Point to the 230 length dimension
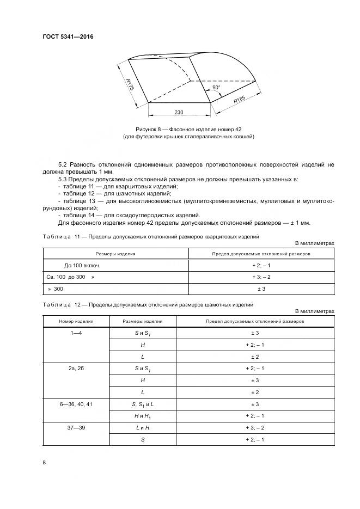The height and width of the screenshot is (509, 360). pos(179,112)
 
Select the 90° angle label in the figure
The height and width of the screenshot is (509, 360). pos(216,88)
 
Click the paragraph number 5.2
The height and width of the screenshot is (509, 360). pos(63,164)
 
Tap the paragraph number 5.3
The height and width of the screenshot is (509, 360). pos(63,179)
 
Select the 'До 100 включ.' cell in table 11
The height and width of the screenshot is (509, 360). pos(82,265)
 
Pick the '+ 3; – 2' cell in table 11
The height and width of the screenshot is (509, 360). pos(261,277)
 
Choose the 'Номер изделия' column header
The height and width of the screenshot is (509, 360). pos(76,321)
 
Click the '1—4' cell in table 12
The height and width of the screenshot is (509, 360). pos(76,332)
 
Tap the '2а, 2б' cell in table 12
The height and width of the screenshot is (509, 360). pos(76,369)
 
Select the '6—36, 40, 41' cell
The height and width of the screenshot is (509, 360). pos(76,404)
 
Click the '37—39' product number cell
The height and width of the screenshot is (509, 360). pos(76,428)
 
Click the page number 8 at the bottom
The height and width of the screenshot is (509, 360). pos(44,462)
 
